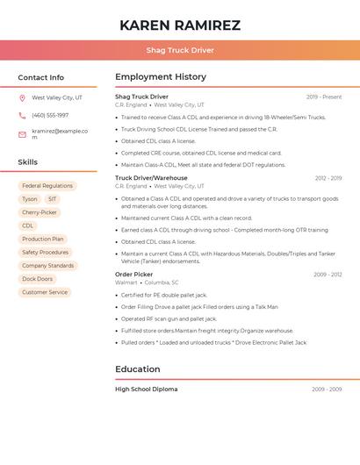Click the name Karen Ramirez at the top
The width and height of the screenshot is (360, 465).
[x=180, y=25]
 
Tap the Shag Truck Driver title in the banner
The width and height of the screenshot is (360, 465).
[x=180, y=50]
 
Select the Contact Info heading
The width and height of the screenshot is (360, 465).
[x=41, y=77]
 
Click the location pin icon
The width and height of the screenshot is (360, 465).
[x=22, y=98]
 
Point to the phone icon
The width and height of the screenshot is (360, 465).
[x=22, y=116]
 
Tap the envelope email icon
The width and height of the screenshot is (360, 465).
[x=22, y=133]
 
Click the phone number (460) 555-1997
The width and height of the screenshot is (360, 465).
[x=50, y=116]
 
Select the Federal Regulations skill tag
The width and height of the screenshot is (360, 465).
[x=47, y=186]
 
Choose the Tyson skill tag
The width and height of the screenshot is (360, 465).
[x=30, y=199]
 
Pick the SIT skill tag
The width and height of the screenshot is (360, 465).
[x=53, y=199]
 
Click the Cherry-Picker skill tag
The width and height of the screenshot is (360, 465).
[x=40, y=212]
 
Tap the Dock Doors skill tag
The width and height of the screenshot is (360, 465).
[x=38, y=279]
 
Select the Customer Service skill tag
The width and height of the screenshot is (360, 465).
[x=45, y=292]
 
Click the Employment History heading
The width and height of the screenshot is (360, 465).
[x=161, y=77]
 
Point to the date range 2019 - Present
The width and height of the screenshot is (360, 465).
[x=324, y=97]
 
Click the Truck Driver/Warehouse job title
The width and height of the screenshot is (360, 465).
[x=151, y=178]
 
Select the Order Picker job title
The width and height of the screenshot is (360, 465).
[x=134, y=275]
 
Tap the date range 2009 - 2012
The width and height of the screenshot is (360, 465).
[x=328, y=275]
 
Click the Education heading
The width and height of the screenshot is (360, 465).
[x=138, y=369]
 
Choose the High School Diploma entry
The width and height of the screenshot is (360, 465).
[x=146, y=389]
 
